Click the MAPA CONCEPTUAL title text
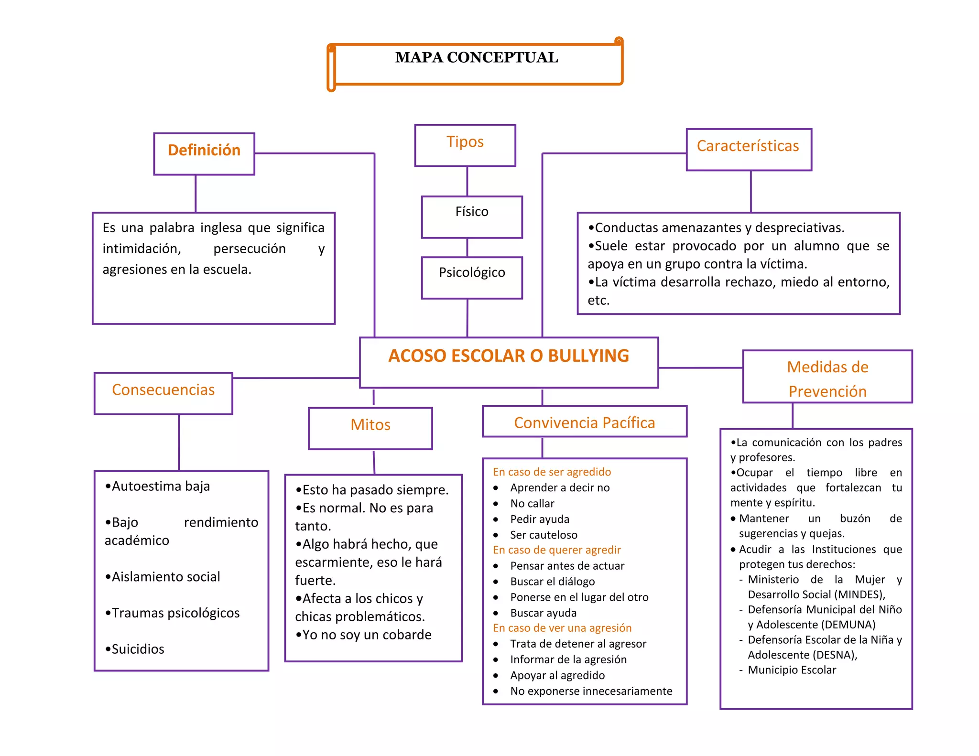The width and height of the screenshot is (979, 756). pyautogui.click(x=476, y=57)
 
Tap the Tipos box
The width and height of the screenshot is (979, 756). pyautogui.click(x=465, y=145)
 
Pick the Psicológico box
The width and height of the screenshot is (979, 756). pyautogui.click(x=472, y=277)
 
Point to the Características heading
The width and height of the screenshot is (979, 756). pyautogui.click(x=748, y=146)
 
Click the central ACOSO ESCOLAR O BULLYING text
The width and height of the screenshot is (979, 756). pyautogui.click(x=509, y=356)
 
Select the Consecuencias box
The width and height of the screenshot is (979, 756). pyautogui.click(x=163, y=393)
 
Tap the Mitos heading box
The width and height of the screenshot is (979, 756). pyautogui.click(x=370, y=428)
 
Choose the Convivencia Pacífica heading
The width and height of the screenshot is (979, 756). pyautogui.click(x=584, y=423)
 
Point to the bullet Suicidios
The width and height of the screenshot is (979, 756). pyautogui.click(x=138, y=649)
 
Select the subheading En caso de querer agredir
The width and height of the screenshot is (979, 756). pyautogui.click(x=557, y=550)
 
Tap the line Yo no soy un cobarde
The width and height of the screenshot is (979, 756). pyautogui.click(x=367, y=635)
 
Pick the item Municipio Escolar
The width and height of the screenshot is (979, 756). pyautogui.click(x=792, y=670)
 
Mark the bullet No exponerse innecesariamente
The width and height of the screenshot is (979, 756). pyautogui.click(x=591, y=691)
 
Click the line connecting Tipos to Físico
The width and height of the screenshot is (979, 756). pyautogui.click(x=467, y=181)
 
